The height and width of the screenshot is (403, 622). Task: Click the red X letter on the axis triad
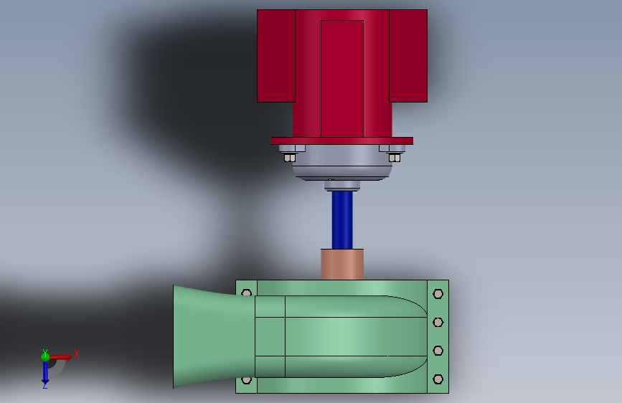(76, 354)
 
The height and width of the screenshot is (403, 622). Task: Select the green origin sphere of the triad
(45, 356)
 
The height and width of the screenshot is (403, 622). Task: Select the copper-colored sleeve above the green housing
(342, 264)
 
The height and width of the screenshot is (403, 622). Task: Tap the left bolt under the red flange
(289, 156)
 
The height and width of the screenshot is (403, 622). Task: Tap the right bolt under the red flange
(395, 156)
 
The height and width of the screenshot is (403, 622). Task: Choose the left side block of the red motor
(275, 56)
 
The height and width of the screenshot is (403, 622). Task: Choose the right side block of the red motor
(408, 56)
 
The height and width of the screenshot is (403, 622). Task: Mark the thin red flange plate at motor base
(341, 141)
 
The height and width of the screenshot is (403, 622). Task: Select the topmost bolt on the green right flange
(438, 293)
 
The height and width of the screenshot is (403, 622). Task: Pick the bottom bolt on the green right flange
(438, 379)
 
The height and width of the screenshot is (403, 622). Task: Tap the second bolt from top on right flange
(438, 322)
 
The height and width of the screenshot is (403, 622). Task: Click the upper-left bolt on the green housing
(247, 293)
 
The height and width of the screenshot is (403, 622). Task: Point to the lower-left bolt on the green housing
(247, 379)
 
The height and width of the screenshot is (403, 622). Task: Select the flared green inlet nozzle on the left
(204, 336)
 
